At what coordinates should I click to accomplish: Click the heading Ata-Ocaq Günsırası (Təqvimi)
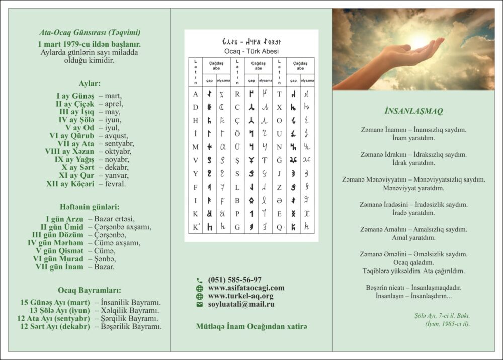click(x=90, y=32)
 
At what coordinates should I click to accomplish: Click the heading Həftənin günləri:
click(x=90, y=206)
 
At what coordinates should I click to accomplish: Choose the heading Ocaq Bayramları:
click(x=90, y=290)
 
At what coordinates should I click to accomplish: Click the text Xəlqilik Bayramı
click(x=127, y=311)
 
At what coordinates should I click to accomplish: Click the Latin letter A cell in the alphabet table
click(x=195, y=94)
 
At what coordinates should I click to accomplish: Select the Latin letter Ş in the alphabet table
click(x=237, y=160)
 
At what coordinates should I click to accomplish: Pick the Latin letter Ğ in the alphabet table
click(x=279, y=160)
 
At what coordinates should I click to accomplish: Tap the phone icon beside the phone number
click(x=200, y=280)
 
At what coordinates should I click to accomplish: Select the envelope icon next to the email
click(x=200, y=304)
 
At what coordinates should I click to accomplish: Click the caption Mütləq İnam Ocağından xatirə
click(x=251, y=326)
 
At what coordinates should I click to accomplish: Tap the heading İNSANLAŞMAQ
click(x=413, y=111)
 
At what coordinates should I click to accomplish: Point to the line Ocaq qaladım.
click(x=413, y=262)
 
